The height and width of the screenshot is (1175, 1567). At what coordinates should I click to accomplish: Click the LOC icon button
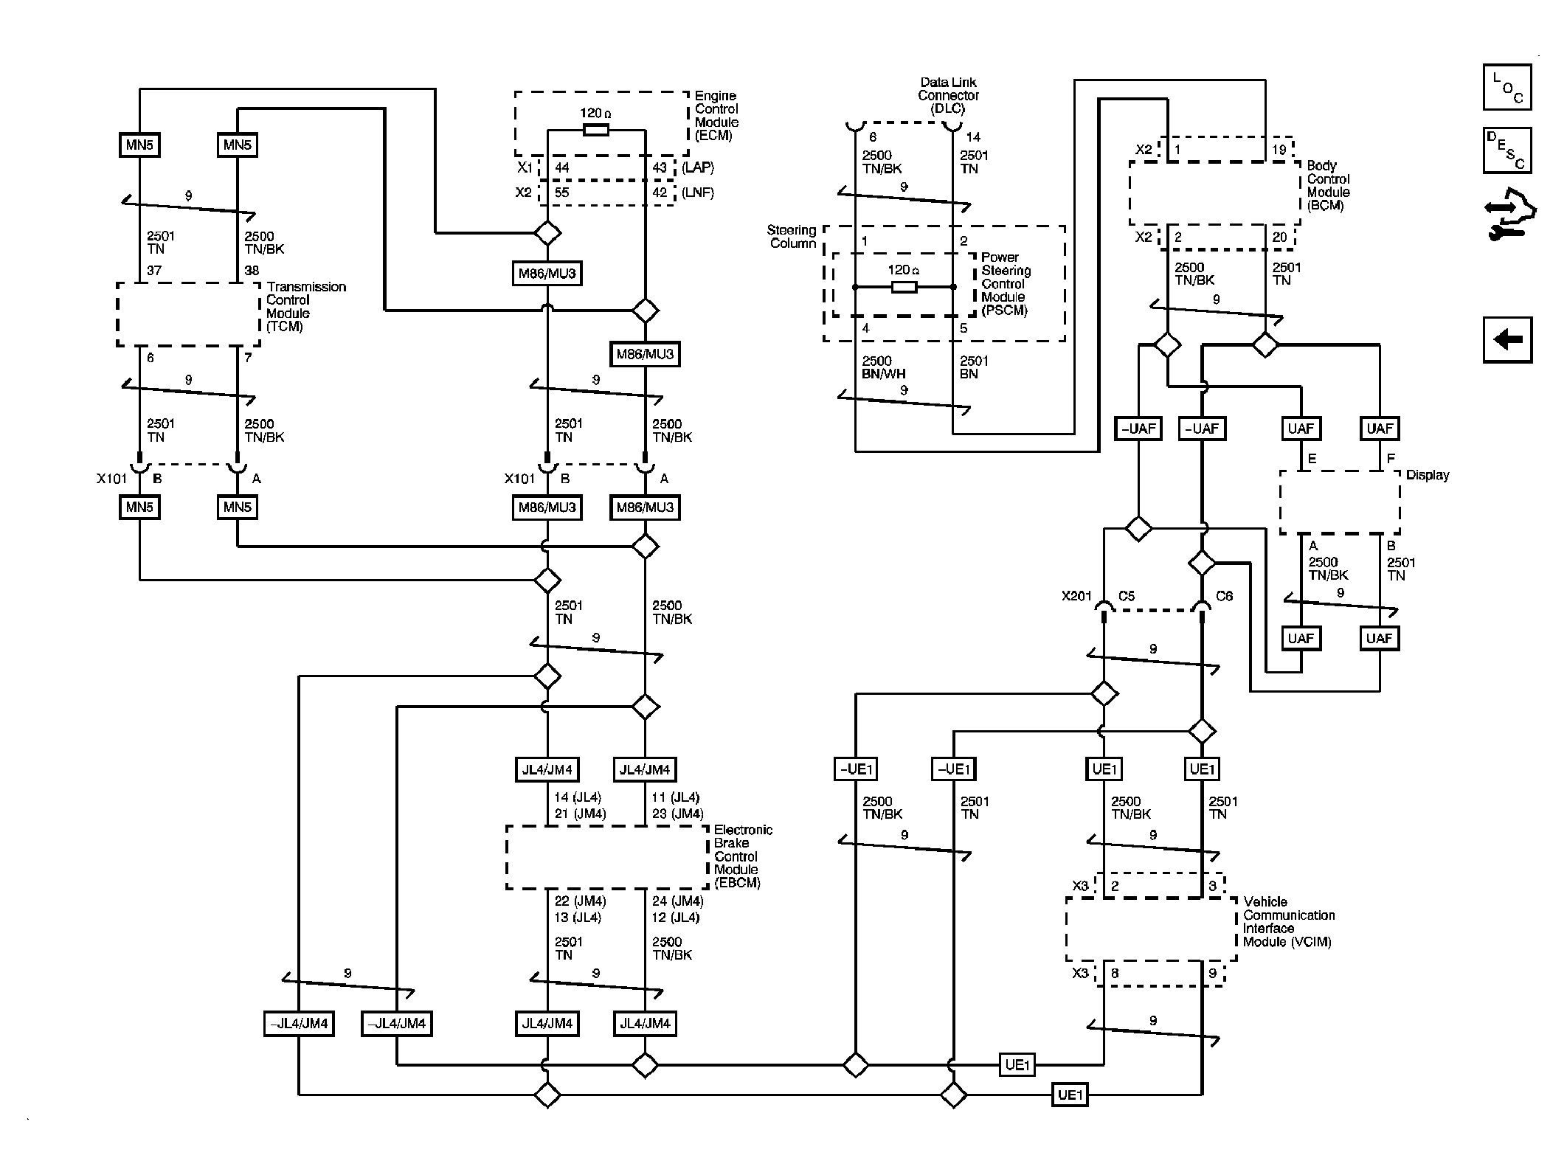[1507, 87]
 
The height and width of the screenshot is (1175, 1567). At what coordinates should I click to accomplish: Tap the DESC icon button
[1507, 150]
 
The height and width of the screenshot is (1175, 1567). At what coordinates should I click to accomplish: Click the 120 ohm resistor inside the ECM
[595, 130]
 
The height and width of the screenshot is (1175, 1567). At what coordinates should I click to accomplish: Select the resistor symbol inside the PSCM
[904, 287]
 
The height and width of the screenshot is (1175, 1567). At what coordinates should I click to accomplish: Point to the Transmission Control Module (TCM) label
[305, 306]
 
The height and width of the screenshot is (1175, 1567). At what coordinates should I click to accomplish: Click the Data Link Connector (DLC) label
[948, 96]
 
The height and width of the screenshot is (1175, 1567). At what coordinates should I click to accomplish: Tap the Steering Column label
[792, 237]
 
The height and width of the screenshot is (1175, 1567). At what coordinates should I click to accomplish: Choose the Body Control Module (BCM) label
[1328, 186]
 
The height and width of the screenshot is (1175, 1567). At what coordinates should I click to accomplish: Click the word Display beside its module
[1427, 476]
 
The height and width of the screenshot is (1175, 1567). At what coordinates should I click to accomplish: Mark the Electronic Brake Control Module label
[742, 856]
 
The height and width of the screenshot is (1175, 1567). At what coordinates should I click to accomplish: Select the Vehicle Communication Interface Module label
[1288, 921]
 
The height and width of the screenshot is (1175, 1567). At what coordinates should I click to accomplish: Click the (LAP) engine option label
[697, 167]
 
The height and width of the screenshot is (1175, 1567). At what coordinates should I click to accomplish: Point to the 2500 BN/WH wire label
[883, 367]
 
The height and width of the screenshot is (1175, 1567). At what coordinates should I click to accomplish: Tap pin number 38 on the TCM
[252, 271]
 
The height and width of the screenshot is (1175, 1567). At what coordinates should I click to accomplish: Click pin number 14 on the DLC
[973, 137]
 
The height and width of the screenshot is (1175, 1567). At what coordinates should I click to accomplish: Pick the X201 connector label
[1076, 596]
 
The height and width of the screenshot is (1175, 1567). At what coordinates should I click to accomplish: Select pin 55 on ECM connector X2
[562, 193]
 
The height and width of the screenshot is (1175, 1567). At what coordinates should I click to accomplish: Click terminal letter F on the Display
[1391, 459]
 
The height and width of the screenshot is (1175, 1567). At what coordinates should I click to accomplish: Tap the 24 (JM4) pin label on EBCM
[677, 901]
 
